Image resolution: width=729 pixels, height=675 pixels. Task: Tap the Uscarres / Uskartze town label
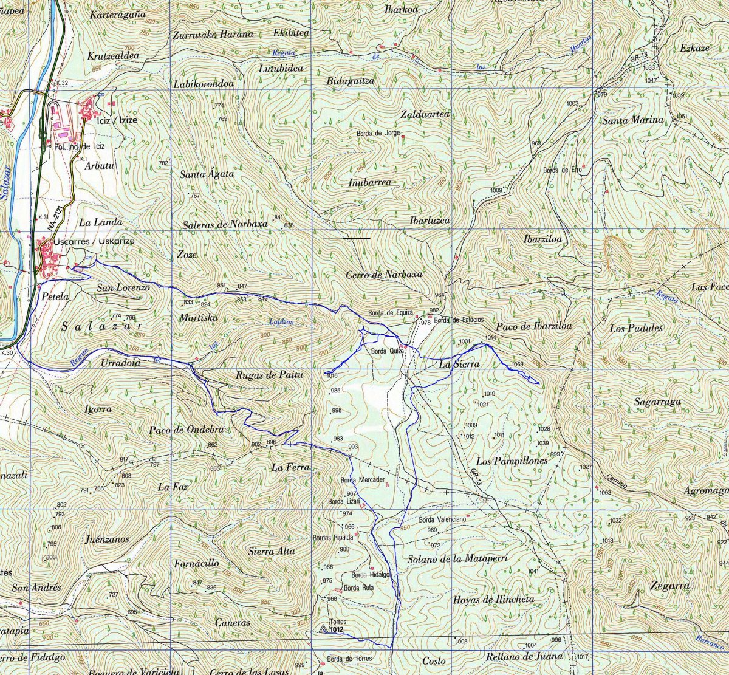pyautogui.click(x=94, y=241)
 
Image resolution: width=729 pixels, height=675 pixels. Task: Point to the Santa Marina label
pyautogui.click(x=632, y=120)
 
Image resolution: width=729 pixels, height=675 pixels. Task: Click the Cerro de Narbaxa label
pyautogui.click(x=383, y=275)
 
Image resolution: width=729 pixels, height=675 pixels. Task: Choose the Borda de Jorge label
pyautogui.click(x=377, y=133)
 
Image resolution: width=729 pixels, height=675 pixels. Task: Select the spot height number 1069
pyautogui.click(x=517, y=365)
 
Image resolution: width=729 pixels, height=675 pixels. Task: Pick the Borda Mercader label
pyautogui.click(x=363, y=480)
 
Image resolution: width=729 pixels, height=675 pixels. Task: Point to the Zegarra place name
pyautogui.click(x=669, y=586)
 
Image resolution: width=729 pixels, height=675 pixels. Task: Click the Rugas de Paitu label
pyautogui.click(x=269, y=375)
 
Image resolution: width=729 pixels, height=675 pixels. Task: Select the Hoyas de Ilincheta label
pyautogui.click(x=493, y=600)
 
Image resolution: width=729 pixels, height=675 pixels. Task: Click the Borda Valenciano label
pyautogui.click(x=442, y=520)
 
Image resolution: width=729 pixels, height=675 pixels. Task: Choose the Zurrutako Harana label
pyautogui.click(x=212, y=34)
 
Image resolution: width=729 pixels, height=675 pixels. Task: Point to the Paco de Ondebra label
pyautogui.click(x=186, y=430)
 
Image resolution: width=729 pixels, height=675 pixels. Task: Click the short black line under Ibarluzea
pyautogui.click(x=356, y=239)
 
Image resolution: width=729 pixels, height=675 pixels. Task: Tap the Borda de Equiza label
pyautogui.click(x=390, y=314)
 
